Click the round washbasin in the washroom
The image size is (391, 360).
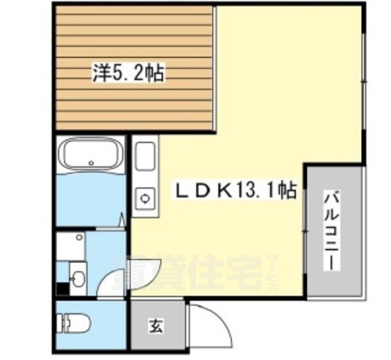tap(77, 278)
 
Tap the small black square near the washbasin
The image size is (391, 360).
tap(60, 286)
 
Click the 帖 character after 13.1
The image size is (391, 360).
tap(286, 192)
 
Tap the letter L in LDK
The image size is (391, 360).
tap(182, 192)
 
